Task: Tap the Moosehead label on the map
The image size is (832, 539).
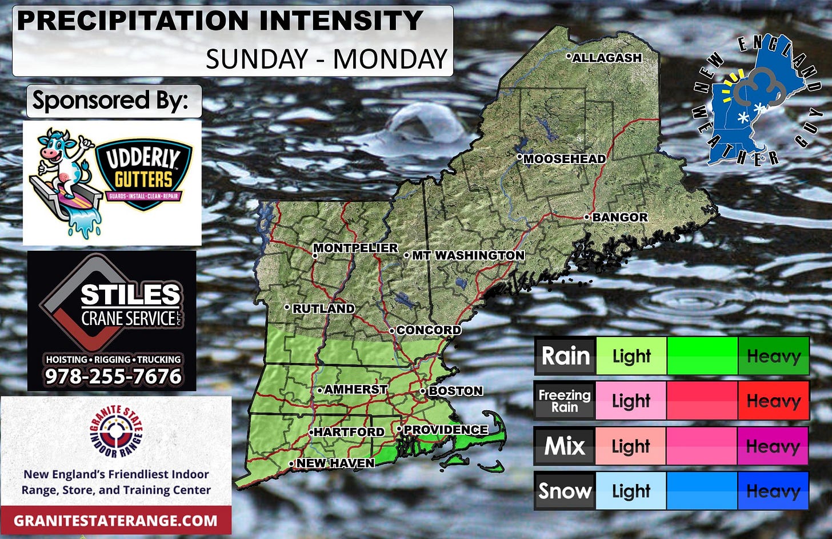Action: [564, 159]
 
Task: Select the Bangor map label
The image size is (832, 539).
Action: [619, 217]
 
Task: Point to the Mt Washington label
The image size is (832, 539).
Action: [467, 255]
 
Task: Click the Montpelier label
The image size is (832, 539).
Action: [355, 248]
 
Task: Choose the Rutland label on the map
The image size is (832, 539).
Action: [323, 308]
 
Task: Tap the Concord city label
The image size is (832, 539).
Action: [428, 330]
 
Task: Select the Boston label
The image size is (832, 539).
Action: [455, 391]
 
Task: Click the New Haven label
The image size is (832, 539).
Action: [335, 463]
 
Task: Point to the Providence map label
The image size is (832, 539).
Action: [445, 430]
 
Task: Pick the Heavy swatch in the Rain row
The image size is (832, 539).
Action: [773, 356]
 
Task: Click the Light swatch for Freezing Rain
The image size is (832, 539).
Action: [631, 401]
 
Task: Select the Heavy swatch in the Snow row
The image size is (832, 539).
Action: [773, 491]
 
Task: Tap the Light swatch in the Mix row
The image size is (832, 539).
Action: [631, 446]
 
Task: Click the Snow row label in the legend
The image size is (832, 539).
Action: [565, 491]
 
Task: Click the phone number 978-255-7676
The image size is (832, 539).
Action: [113, 376]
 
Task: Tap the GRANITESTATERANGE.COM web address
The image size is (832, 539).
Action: [115, 521]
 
